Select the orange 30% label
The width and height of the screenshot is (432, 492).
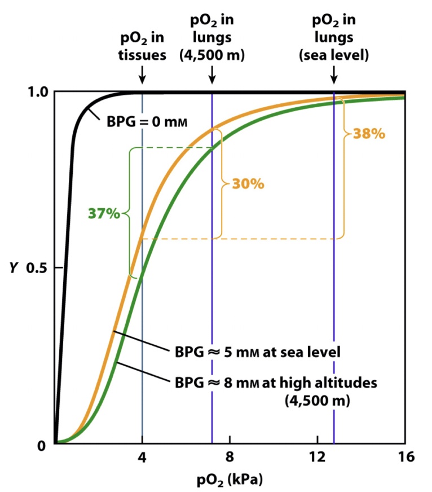(x=247, y=184)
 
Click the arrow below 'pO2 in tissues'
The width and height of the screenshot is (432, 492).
(x=142, y=73)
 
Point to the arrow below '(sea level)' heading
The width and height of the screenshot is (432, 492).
(x=334, y=73)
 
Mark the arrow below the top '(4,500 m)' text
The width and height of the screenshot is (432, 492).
(x=212, y=73)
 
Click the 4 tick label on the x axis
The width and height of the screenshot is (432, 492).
(x=142, y=456)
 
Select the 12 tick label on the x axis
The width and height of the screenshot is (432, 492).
(x=317, y=456)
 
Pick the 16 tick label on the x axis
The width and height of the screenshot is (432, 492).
(x=404, y=456)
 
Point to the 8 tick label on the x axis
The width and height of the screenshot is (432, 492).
(x=230, y=456)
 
